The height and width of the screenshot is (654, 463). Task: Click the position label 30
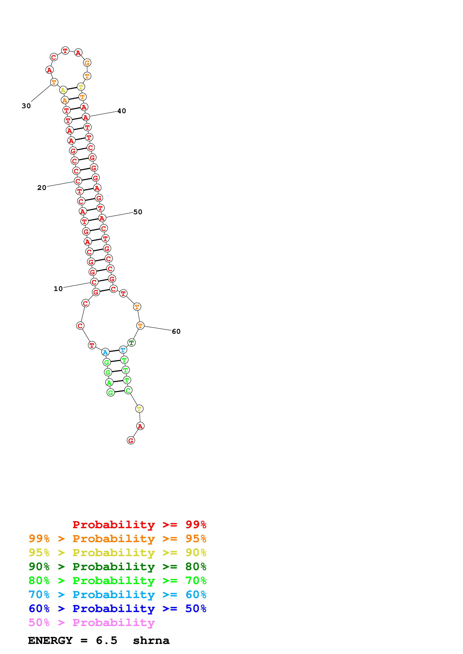(26, 106)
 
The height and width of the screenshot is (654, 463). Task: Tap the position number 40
(122, 111)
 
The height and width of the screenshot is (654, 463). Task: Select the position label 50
(138, 212)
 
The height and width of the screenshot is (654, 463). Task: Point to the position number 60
(176, 331)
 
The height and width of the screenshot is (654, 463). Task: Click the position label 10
(58, 289)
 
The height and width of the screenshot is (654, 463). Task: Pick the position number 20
(42, 188)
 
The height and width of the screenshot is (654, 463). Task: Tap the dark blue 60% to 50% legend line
(117, 609)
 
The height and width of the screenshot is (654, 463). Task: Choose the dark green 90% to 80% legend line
(117, 567)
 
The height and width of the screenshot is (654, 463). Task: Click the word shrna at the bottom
(151, 641)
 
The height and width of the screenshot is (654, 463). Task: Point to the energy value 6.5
(106, 641)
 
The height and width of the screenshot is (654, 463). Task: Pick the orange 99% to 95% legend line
(117, 539)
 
